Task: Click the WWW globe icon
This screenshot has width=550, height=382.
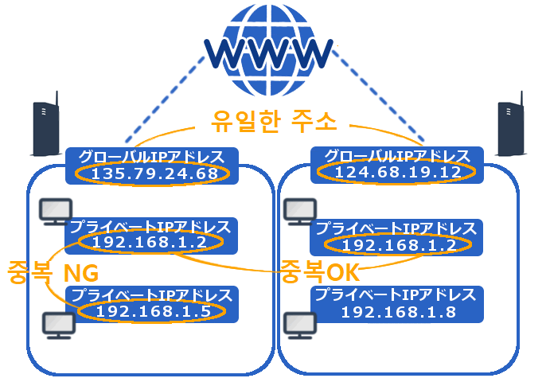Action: (x=270, y=49)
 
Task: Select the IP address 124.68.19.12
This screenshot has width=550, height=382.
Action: (x=396, y=172)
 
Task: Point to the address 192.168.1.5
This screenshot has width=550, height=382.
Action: (x=153, y=312)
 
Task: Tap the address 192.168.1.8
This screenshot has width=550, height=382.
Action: (x=396, y=312)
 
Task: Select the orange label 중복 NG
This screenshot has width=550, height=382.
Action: (x=52, y=273)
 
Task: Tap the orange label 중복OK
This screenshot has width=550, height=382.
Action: (x=319, y=273)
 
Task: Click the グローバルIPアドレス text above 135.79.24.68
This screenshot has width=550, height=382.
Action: (x=151, y=156)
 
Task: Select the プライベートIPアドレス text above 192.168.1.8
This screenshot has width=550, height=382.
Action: (x=396, y=295)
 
